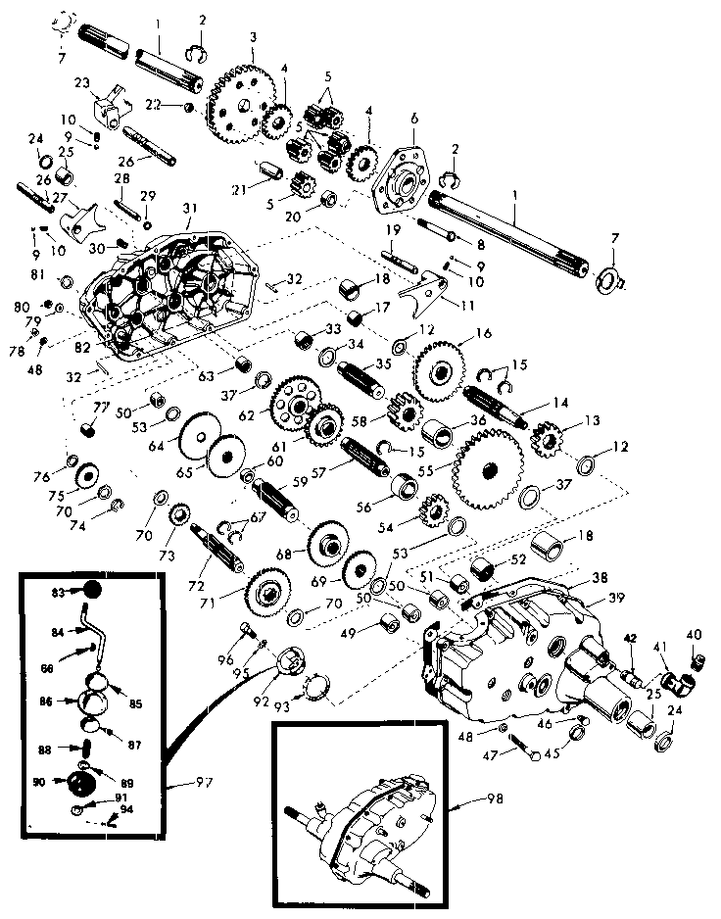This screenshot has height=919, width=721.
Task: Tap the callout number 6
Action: coord(413,118)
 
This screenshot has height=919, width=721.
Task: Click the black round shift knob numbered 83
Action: coord(91,590)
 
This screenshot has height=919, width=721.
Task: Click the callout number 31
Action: coord(189,208)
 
